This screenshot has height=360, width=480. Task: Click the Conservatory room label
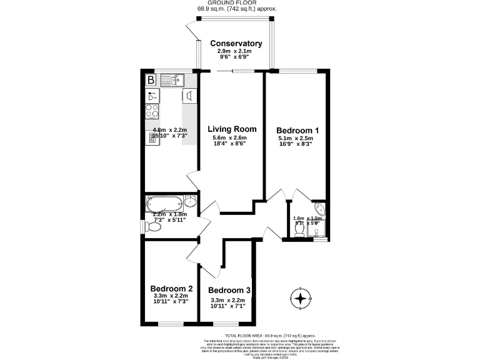[x=236, y=43]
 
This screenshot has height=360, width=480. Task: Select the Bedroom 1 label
[x=298, y=130]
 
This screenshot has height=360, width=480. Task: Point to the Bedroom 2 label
[x=171, y=289]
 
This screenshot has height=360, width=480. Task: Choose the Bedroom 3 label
[x=229, y=291]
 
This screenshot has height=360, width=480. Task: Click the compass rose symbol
[x=301, y=299]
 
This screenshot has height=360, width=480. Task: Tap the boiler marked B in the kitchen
[x=151, y=80]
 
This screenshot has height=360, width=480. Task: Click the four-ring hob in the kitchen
[x=152, y=111]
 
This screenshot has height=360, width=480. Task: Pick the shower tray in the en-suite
[x=317, y=231]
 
